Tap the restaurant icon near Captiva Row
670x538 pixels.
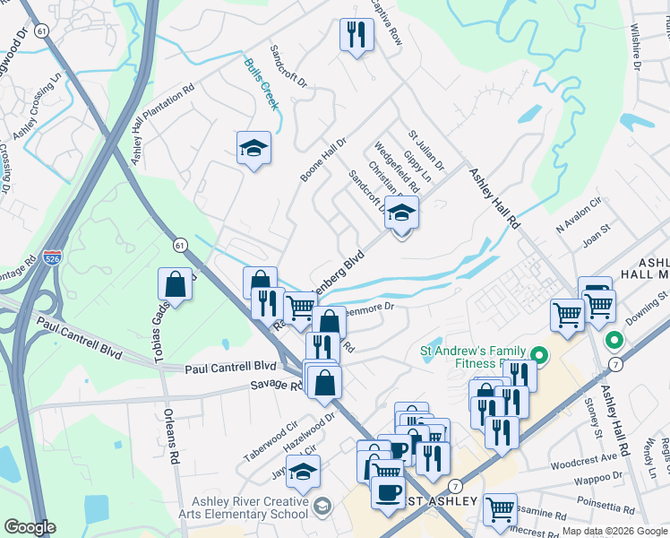point(356,35)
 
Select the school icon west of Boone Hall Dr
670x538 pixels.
point(253,148)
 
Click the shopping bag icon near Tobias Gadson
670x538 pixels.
point(176,284)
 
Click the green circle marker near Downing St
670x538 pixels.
point(614,342)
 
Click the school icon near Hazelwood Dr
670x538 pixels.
point(304,471)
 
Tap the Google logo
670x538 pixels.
point(30,527)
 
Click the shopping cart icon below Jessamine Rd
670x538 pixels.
point(500,509)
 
